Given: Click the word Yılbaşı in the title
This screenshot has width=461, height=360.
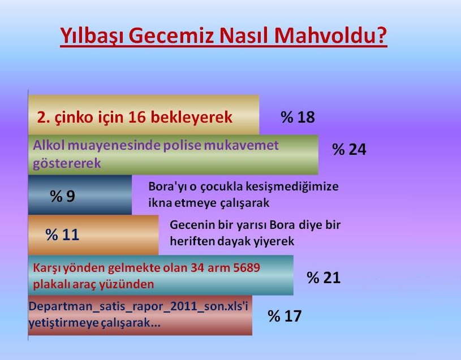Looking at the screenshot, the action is pyautogui.click(x=92, y=36).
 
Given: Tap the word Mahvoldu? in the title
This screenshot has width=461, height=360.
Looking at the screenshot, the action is pyautogui.click(x=330, y=35).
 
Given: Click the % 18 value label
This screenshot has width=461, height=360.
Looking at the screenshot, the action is pyautogui.click(x=298, y=117).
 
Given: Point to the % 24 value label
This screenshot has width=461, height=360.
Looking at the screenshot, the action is pyautogui.click(x=349, y=149).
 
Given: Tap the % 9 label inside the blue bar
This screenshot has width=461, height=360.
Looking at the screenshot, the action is pyautogui.click(x=62, y=196).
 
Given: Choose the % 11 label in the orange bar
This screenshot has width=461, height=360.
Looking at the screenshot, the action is pyautogui.click(x=62, y=235).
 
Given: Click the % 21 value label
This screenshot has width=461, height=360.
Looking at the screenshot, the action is pyautogui.click(x=324, y=277).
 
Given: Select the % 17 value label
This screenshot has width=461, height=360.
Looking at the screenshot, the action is pyautogui.click(x=285, y=316).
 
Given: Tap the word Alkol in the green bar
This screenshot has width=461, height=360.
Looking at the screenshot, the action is pyautogui.click(x=49, y=145).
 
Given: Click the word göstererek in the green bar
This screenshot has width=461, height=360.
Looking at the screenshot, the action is pyautogui.click(x=67, y=163).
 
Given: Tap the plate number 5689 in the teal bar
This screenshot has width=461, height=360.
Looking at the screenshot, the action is pyautogui.click(x=247, y=267).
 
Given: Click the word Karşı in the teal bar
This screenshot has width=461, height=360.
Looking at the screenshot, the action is pyautogui.click(x=47, y=268).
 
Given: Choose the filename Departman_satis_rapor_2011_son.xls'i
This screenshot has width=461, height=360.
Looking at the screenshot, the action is pyautogui.click(x=139, y=306).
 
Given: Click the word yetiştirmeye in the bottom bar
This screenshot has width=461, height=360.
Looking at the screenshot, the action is pyautogui.click(x=63, y=323).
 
